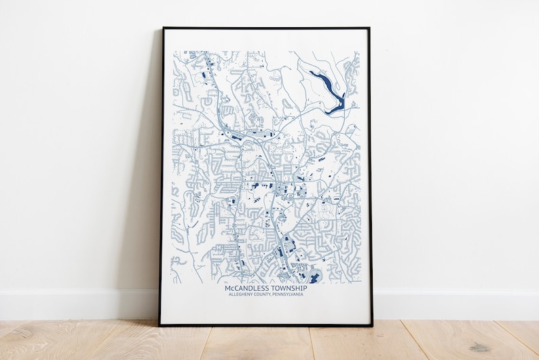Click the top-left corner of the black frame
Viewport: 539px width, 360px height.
coord(163,29)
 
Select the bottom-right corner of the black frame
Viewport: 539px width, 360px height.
coord(372,325)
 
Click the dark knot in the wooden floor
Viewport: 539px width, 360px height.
coord(481,347)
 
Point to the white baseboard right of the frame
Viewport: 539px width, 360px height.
coord(455,305)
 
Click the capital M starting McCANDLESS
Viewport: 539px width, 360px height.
coord(227,289)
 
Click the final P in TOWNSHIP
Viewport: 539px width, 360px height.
coord(305,289)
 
